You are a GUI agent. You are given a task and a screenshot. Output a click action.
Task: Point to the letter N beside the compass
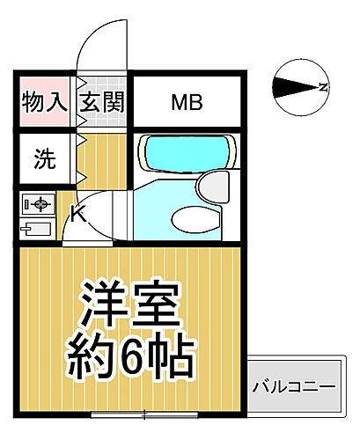pos(324,86)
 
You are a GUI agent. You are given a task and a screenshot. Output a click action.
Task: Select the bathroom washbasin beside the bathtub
pos(211,186)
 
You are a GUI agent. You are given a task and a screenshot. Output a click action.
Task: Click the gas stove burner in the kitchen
pos(38,204)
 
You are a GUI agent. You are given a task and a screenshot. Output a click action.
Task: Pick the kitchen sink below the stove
pos(37,230)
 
